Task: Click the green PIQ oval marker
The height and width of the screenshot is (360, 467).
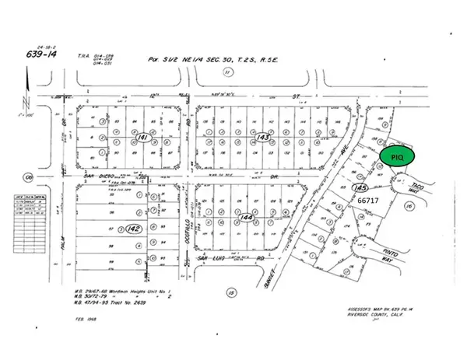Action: click(x=397, y=156)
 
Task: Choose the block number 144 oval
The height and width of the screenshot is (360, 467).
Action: click(x=248, y=218)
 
